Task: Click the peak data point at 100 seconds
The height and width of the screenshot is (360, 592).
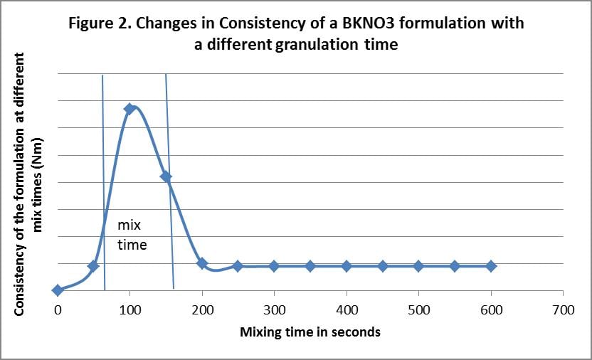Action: pos(129,109)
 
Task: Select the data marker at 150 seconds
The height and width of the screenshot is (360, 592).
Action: pos(166,176)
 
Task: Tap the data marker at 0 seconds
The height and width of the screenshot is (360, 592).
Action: pos(57,290)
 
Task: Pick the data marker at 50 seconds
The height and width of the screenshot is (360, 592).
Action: pos(93,266)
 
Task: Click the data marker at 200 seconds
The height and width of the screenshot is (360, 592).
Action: pos(202,263)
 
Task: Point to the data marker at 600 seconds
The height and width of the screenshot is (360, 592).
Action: pos(491,266)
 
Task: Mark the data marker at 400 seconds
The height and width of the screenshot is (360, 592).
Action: pos(347,266)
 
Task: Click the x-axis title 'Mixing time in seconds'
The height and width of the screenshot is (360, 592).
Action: pos(310,332)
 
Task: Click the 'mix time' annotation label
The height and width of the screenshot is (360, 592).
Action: pos(132,235)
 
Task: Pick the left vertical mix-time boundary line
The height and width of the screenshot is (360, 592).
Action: pos(104,185)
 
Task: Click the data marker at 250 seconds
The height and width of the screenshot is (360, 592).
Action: pos(238,266)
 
